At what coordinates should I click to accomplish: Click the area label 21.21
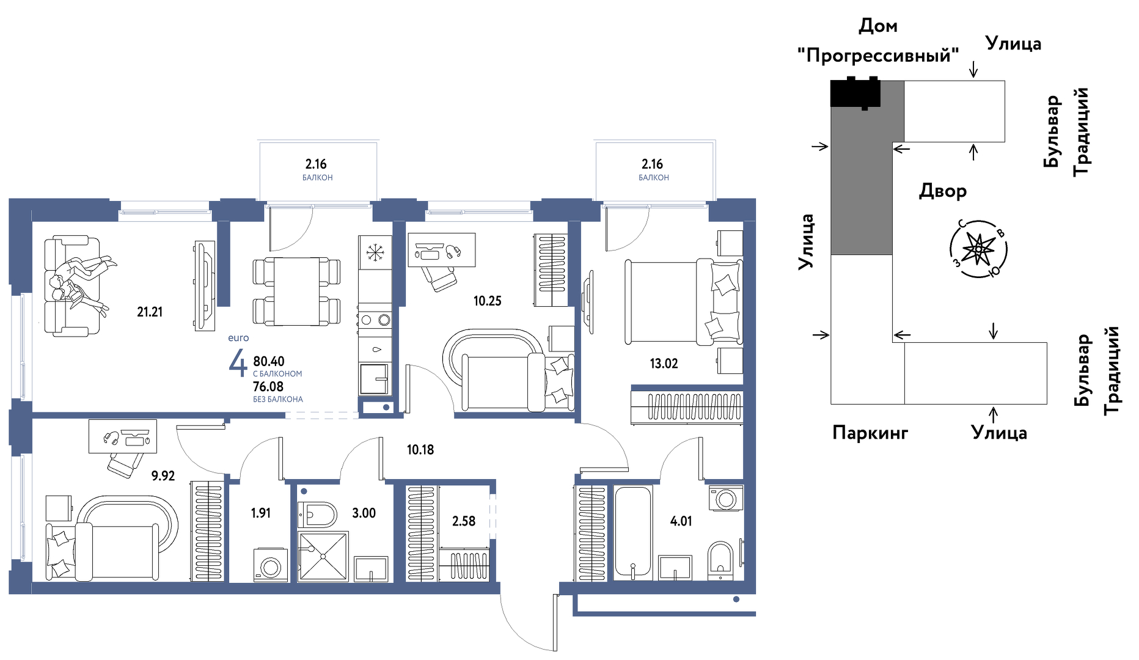[x=150, y=312]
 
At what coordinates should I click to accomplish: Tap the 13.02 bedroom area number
[x=664, y=364]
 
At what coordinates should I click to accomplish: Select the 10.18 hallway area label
[x=420, y=450]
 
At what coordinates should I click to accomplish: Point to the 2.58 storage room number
[x=464, y=521]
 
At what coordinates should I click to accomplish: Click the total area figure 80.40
[x=269, y=361]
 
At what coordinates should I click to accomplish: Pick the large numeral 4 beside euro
[x=238, y=363]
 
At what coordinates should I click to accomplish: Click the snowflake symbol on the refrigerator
[x=374, y=252]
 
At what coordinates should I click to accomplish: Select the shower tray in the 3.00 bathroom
[x=323, y=556]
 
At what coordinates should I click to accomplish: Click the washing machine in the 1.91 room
[x=271, y=565]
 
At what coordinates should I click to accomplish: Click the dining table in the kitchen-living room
[x=296, y=291]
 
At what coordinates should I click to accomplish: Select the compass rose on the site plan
[x=979, y=249]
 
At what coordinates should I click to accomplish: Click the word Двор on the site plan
[x=943, y=191]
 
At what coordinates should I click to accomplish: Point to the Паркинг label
[x=870, y=433]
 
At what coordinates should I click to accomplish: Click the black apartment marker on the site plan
[x=855, y=93]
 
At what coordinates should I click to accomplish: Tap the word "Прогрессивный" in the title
[x=878, y=56]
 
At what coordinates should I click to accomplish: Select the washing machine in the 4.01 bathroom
[x=726, y=498]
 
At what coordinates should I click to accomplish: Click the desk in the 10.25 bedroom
[x=441, y=250]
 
